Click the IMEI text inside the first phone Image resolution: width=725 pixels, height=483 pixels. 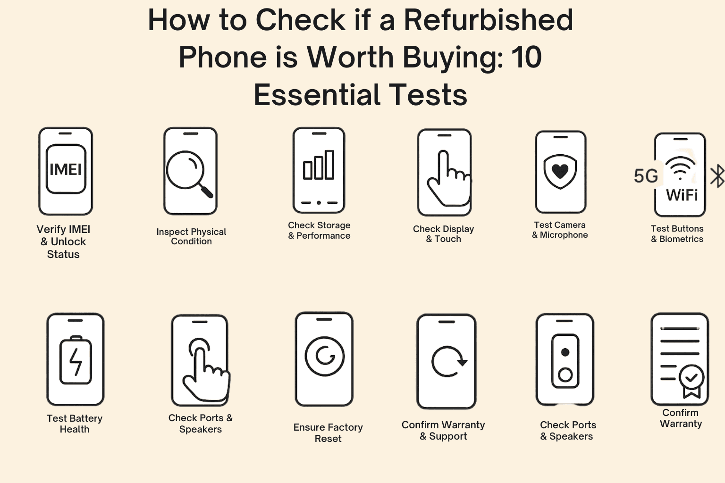[66, 169]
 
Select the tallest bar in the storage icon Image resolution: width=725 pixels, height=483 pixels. [329, 165]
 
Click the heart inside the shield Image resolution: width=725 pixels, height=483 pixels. [560, 171]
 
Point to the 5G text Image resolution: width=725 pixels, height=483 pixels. [646, 176]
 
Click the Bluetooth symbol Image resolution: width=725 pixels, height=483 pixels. [717, 175]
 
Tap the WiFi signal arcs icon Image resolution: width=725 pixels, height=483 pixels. [680, 168]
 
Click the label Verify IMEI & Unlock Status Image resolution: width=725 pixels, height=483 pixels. [63, 241]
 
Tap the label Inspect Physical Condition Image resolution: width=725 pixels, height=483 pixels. [191, 236]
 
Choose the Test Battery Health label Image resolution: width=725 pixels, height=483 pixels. [75, 424]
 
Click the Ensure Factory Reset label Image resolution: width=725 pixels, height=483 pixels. [328, 433]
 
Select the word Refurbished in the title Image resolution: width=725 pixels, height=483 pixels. [489, 20]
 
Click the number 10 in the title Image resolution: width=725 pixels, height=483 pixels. [527, 57]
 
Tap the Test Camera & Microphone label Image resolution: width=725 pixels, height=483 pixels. [560, 230]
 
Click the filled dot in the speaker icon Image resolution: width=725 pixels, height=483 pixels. [565, 352]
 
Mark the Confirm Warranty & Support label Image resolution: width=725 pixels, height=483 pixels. [443, 431]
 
